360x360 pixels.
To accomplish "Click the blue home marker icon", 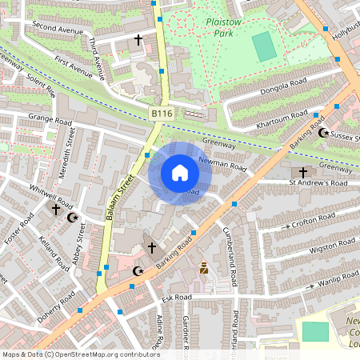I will click(x=180, y=172).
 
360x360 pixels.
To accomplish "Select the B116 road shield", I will click(x=162, y=115).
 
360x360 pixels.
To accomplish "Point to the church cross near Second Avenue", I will click(x=138, y=38).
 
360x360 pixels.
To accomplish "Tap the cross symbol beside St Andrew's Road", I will click(x=302, y=172).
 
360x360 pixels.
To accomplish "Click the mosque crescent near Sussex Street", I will click(x=324, y=133).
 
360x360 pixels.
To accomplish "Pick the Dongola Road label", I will click(x=279, y=81).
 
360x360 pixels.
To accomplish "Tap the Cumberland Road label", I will click(x=230, y=256).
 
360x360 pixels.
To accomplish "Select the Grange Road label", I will click(x=50, y=120).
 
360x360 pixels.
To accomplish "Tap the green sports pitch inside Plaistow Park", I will click(x=264, y=46).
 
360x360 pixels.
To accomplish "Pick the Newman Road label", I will click(x=226, y=166).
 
